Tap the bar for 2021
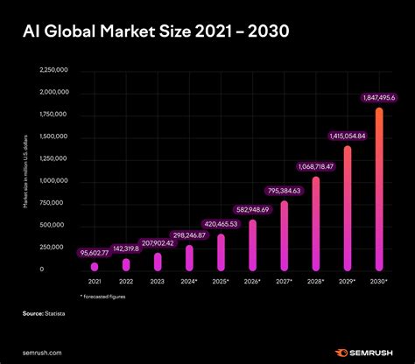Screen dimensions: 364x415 (x=95, y=265)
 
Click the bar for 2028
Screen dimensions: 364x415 (x=315, y=223)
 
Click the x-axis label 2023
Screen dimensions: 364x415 (x=158, y=283)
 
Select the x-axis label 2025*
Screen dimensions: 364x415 (x=221, y=283)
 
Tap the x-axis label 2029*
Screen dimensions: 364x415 (x=347, y=283)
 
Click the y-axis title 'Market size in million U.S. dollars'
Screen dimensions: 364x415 (x=25, y=170)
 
